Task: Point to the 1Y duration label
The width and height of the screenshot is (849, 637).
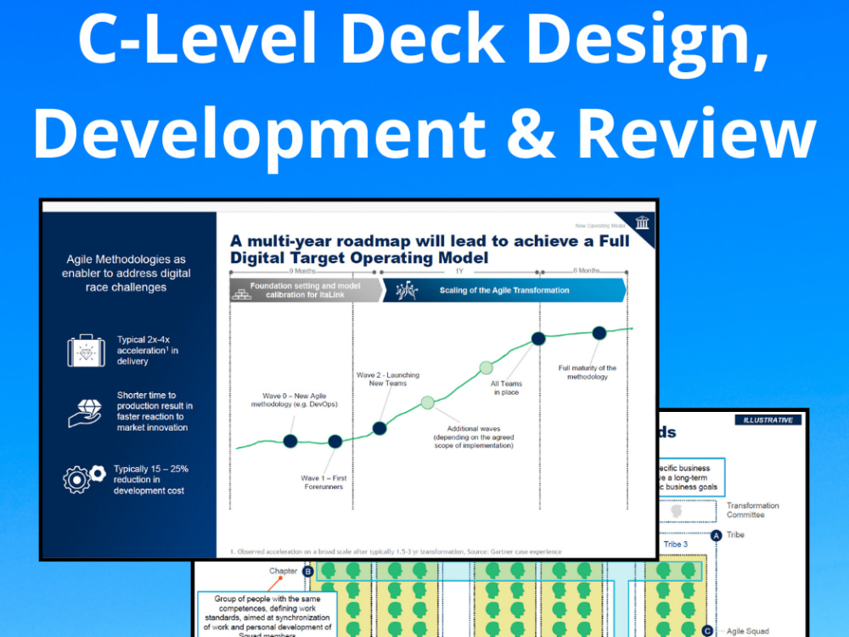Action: (458, 270)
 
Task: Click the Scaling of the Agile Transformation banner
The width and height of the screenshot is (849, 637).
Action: (504, 290)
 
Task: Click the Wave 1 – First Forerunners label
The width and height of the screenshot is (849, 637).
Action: (323, 482)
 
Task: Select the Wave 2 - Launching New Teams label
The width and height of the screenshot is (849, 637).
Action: (387, 380)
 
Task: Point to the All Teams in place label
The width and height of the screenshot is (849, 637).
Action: (506, 388)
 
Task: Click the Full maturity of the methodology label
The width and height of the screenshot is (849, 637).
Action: (588, 372)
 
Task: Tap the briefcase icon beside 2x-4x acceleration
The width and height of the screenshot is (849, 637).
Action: (86, 350)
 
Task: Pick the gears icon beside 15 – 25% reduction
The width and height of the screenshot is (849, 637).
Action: (85, 479)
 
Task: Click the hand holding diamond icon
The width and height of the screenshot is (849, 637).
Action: (85, 412)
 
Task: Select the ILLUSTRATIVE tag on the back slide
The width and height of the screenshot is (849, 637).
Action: (767, 420)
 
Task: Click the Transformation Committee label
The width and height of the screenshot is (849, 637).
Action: (752, 510)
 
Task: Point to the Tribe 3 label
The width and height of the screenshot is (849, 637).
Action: (676, 544)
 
